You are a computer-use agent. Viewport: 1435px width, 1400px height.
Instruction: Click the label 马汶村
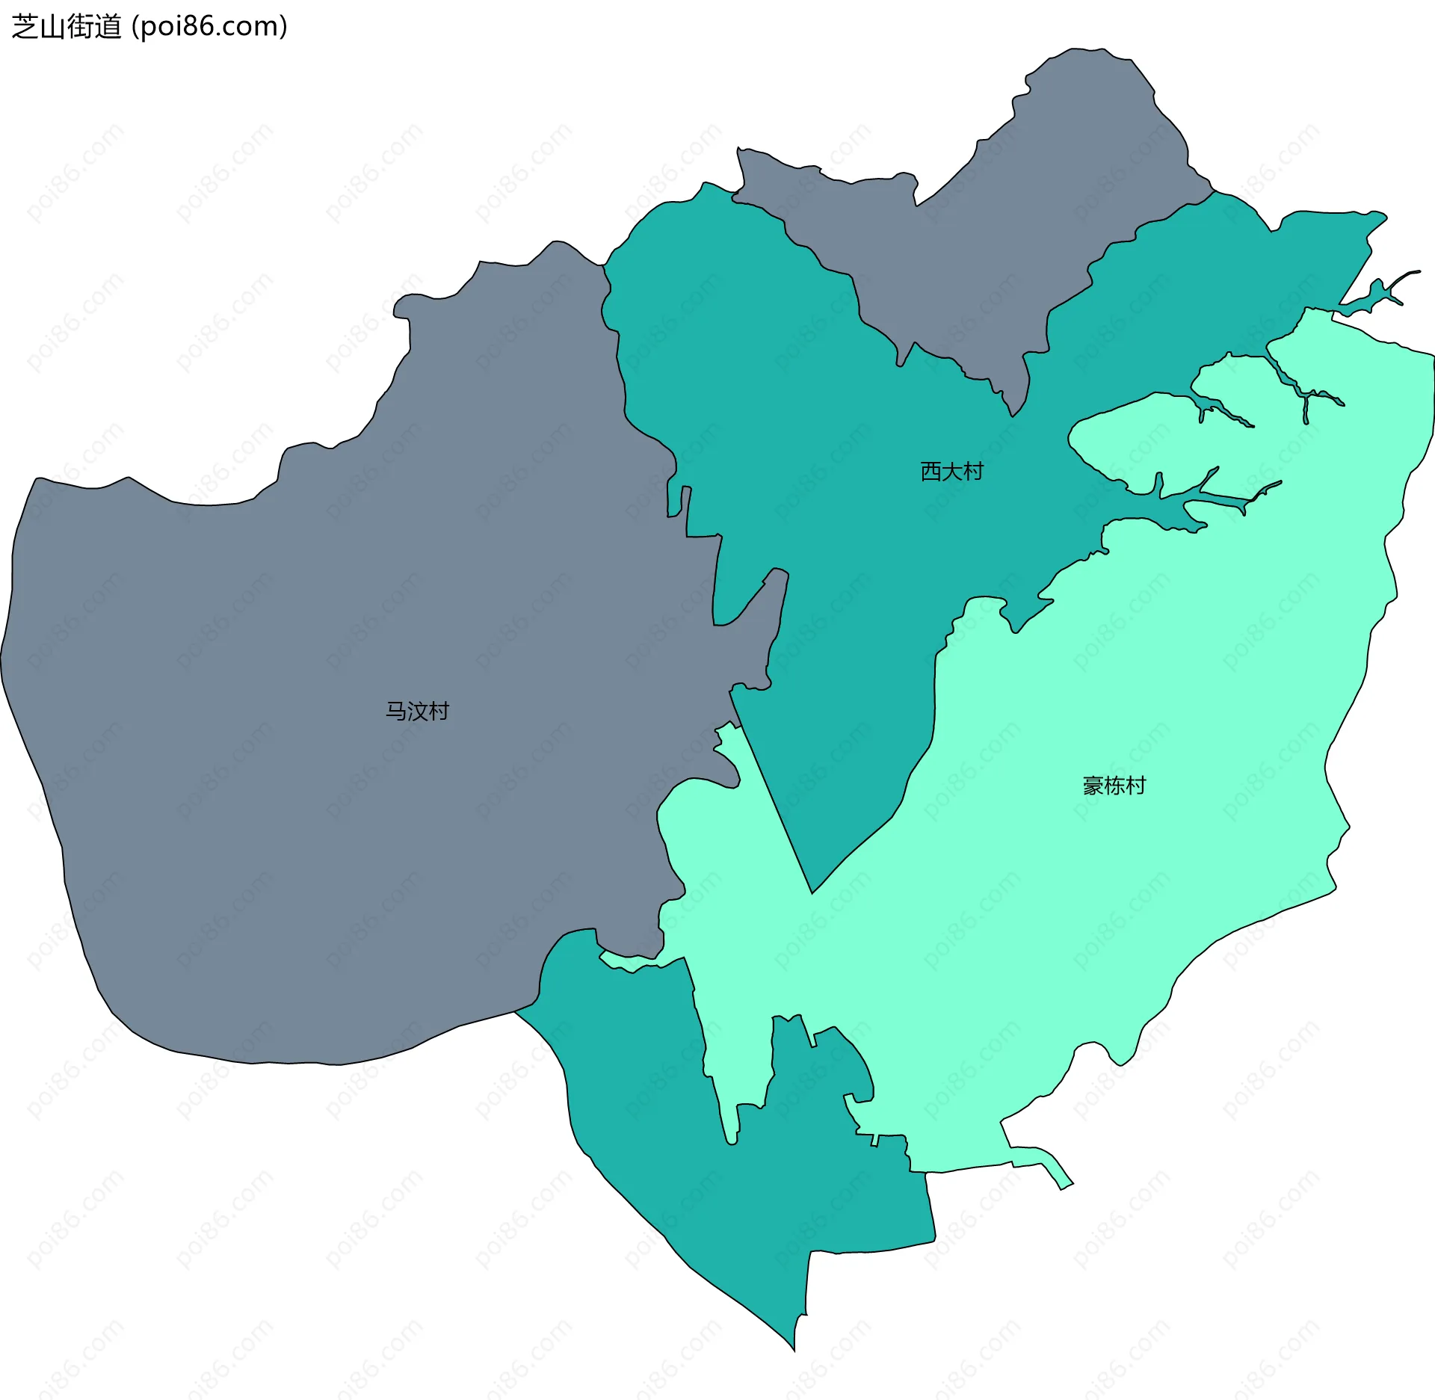tap(417, 711)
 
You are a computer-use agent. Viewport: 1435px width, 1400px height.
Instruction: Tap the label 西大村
tap(951, 472)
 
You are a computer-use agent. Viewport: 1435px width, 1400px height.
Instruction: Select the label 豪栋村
tap(1114, 786)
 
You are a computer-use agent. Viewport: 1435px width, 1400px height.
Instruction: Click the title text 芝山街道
tap(67, 27)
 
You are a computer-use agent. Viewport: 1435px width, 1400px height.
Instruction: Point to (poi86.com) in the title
tap(209, 27)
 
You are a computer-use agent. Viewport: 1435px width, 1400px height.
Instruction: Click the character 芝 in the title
tap(25, 27)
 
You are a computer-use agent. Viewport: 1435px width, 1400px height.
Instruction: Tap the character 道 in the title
tap(108, 27)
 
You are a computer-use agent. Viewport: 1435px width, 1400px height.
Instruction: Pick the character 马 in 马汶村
tap(396, 711)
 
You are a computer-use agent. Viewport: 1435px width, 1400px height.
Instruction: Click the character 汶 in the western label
tap(417, 711)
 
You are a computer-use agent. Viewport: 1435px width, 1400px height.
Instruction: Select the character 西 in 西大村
tap(931, 472)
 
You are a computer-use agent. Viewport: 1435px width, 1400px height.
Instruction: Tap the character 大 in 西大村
tap(951, 472)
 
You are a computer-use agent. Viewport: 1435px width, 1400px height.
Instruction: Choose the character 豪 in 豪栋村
tap(1093, 786)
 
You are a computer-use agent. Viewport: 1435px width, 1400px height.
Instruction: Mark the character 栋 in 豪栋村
tap(1114, 786)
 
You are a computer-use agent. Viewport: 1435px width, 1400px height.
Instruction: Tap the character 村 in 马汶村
tap(439, 711)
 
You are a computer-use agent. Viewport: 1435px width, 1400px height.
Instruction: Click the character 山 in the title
tap(52, 27)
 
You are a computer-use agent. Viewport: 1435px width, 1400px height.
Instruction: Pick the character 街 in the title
tap(81, 27)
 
